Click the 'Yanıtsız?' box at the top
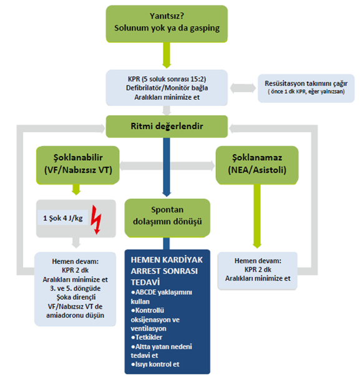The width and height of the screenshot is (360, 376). [167, 24]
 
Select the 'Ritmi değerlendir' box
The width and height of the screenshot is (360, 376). [167, 127]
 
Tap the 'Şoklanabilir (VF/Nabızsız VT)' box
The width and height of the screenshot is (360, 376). [78, 165]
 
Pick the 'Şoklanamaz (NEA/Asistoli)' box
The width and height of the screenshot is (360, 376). [257, 165]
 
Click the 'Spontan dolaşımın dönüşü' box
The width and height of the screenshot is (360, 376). [167, 218]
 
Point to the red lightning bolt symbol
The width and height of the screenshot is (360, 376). [97, 219]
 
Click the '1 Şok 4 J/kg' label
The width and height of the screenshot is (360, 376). [63, 218]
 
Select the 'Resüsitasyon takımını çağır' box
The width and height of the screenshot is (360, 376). [306, 89]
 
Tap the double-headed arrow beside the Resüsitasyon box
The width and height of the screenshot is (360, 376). [243, 88]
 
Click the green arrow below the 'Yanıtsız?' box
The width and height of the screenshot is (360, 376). [167, 55]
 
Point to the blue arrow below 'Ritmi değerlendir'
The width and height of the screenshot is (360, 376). [167, 167]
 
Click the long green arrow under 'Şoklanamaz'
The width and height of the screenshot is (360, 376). [257, 216]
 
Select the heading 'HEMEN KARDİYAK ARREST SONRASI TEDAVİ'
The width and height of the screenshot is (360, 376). [167, 271]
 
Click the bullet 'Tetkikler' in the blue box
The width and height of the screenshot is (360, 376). [147, 337]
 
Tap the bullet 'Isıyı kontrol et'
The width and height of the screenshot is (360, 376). [155, 364]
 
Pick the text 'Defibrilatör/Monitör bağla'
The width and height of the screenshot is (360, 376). [167, 88]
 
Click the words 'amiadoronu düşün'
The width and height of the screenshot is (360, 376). [75, 315]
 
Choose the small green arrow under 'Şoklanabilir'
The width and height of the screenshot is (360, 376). [76, 190]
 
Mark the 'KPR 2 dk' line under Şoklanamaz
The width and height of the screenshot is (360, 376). [258, 269]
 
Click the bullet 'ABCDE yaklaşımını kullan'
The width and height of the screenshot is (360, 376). [162, 297]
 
